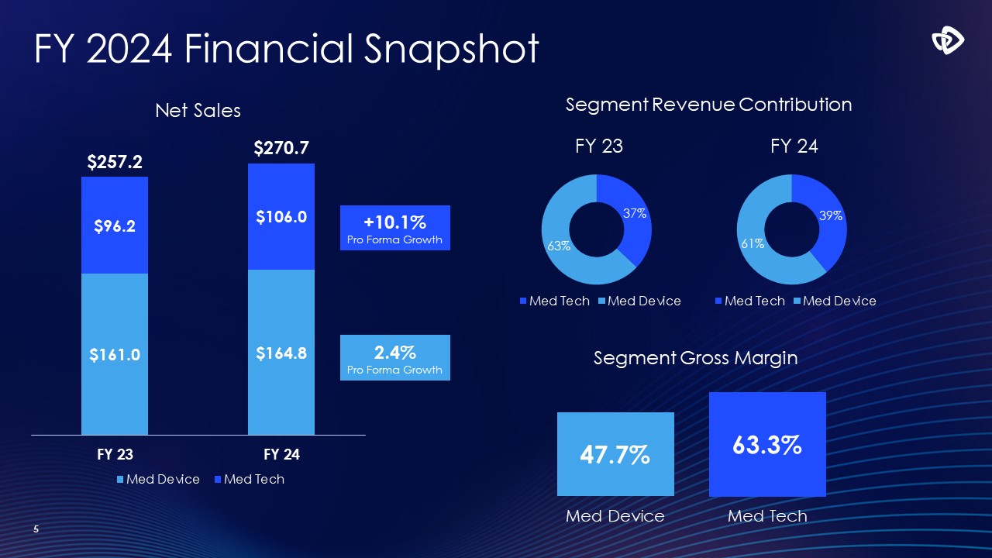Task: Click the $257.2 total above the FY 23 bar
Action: click(114, 162)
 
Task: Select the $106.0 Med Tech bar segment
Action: click(281, 217)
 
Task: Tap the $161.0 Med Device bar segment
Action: click(114, 354)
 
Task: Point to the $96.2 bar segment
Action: click(114, 226)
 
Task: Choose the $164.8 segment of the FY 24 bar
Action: click(281, 353)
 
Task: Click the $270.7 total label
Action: click(281, 148)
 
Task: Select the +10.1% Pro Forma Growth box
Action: click(395, 228)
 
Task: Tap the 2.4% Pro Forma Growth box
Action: click(395, 357)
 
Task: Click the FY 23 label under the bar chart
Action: click(114, 455)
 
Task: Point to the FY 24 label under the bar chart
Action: click(281, 455)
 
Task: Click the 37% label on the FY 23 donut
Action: click(635, 213)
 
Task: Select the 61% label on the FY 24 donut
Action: click(753, 243)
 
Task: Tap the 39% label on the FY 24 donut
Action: click(830, 216)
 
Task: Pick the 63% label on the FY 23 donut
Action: click(559, 246)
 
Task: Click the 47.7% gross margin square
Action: click(615, 454)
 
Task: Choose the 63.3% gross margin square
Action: click(767, 444)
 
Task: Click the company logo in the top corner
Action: click(947, 40)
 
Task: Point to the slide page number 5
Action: click(36, 529)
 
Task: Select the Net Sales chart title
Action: click(198, 111)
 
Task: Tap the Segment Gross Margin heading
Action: click(695, 358)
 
